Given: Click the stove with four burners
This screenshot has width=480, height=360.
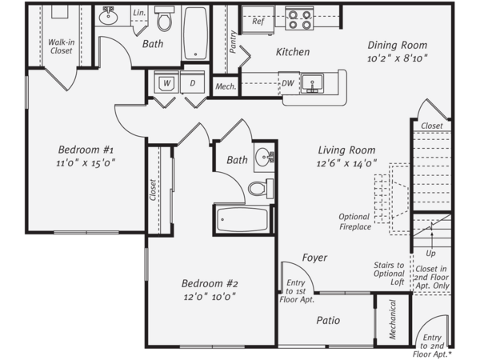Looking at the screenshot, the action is pyautogui.click(x=299, y=19).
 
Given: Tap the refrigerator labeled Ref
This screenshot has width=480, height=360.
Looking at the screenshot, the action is pyautogui.click(x=258, y=20).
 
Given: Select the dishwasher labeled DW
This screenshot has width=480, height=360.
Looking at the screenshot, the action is pyautogui.click(x=288, y=83).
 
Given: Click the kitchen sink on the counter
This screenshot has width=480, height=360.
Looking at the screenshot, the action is pyautogui.click(x=312, y=83).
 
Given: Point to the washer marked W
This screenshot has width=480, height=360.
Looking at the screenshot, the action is pyautogui.click(x=166, y=82).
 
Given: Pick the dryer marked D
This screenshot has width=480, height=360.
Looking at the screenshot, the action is pyautogui.click(x=193, y=82).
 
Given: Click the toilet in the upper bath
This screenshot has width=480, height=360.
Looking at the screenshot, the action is pyautogui.click(x=165, y=18).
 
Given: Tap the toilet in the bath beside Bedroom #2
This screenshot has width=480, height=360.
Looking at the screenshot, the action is pyautogui.click(x=261, y=189).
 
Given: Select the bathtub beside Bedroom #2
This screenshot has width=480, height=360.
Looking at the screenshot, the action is pyautogui.click(x=242, y=220).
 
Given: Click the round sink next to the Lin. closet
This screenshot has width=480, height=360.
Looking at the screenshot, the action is pyautogui.click(x=108, y=16).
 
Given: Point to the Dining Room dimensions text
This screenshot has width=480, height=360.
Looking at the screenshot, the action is pyautogui.click(x=398, y=58).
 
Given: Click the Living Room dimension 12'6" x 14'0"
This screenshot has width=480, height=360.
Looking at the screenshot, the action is pyautogui.click(x=346, y=163).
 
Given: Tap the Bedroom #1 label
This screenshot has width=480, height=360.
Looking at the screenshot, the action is pyautogui.click(x=86, y=150).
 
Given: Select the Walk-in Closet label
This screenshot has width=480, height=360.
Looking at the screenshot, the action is pyautogui.click(x=62, y=46).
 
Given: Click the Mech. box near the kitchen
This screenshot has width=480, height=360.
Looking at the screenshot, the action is pyautogui.click(x=226, y=86).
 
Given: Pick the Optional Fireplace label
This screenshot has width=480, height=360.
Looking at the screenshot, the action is pyautogui.click(x=355, y=222).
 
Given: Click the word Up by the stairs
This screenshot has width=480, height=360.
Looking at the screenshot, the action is pyautogui.click(x=430, y=253).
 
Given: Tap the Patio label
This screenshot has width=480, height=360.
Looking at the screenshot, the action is pyautogui.click(x=328, y=320).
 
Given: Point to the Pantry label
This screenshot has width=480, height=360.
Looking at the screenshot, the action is pyautogui.click(x=233, y=42).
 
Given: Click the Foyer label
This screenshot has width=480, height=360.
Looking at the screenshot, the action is pyautogui.click(x=314, y=258).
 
